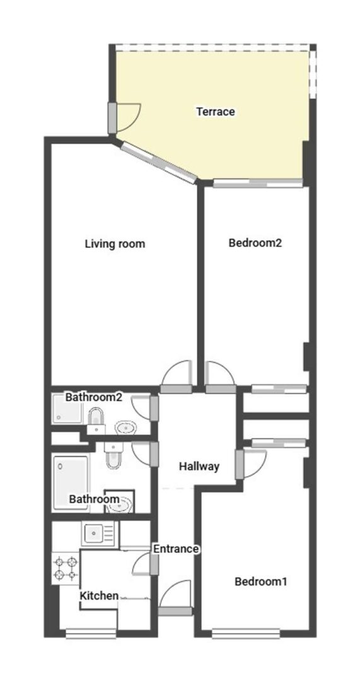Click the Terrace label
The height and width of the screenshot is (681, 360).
point(216,112)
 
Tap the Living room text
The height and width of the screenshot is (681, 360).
point(115,243)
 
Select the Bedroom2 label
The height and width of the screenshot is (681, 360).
point(255,243)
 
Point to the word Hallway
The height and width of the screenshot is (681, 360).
point(199,467)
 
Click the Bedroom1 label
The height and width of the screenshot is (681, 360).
point(260,581)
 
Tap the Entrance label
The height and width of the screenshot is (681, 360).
point(176,549)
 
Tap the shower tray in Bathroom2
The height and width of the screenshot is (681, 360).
point(67,409)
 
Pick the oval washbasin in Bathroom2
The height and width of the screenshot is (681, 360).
point(126,428)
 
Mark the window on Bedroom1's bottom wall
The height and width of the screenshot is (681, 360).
point(246,634)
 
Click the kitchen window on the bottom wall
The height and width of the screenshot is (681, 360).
point(91,634)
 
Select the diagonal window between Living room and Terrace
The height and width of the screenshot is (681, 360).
point(159,163)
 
